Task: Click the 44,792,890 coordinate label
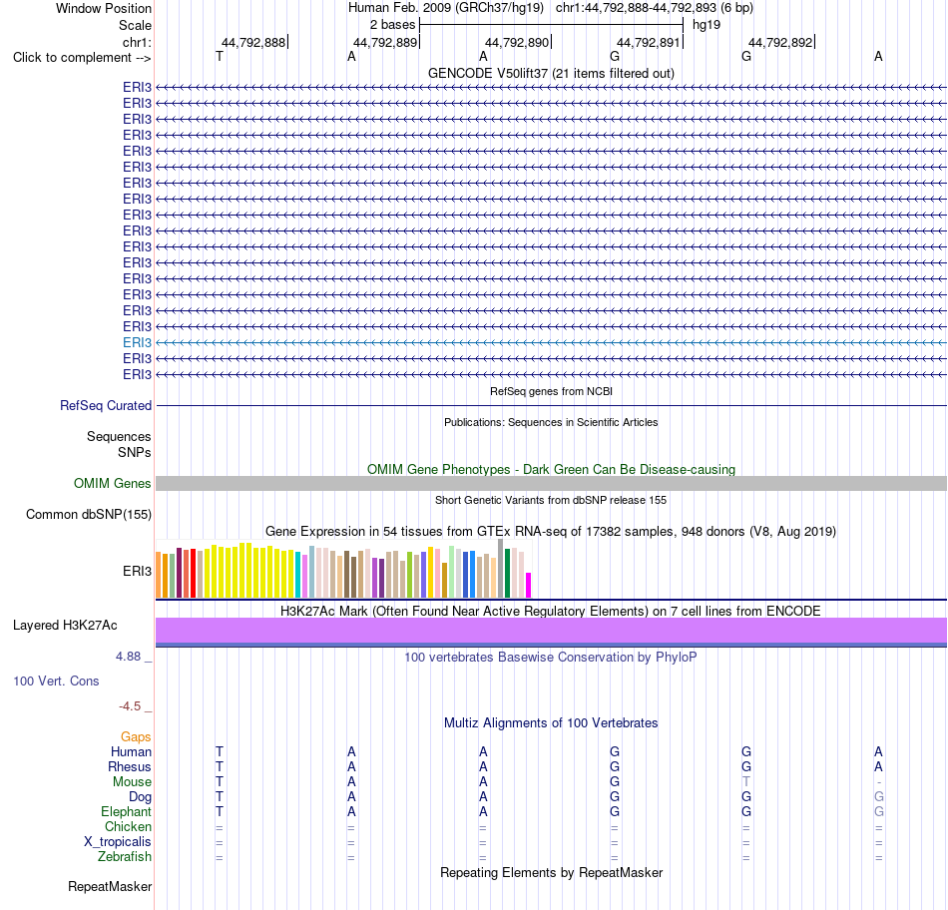[x=517, y=42]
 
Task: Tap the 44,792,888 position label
[x=253, y=42]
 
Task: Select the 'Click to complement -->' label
[x=82, y=58]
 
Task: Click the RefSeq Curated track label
[x=106, y=406]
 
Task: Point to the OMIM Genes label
[x=113, y=484]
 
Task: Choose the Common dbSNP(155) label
[x=89, y=515]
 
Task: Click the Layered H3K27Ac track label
[x=65, y=626]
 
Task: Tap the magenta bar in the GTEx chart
[x=529, y=586]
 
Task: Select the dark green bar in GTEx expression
[x=507, y=573]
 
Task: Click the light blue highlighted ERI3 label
[x=138, y=343]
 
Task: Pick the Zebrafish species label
[x=125, y=857]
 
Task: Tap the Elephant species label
[x=127, y=812]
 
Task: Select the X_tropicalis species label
[x=118, y=842]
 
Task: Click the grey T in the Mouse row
[x=746, y=782]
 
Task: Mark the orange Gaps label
[x=136, y=737]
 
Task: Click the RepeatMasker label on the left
[x=110, y=887]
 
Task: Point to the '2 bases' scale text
[x=393, y=25]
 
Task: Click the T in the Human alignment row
[x=220, y=752]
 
